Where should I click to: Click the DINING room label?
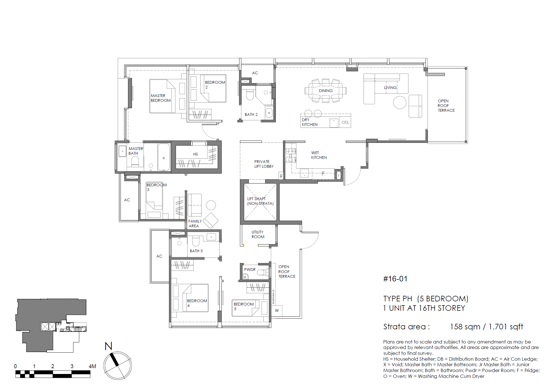pos(326,91)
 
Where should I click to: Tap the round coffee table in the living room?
pos(400,102)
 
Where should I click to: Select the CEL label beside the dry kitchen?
pos(345,122)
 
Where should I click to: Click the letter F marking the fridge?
pos(323,174)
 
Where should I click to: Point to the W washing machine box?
pos(277,310)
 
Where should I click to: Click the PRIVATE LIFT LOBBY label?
pos(264,164)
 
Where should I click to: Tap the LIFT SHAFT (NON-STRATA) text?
pos(260,201)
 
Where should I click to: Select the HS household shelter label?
pos(196,154)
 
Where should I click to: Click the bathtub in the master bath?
pos(163,157)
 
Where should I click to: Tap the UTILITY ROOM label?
pos(258,234)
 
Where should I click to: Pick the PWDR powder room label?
pos(250,269)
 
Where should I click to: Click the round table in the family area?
pos(211,205)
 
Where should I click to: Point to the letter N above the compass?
pos(108,346)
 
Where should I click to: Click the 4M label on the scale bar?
pos(92,366)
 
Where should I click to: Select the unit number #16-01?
pos(395,279)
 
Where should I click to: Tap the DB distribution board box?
pos(281,175)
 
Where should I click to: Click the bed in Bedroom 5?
pos(245,308)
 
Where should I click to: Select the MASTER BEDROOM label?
pos(160,98)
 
